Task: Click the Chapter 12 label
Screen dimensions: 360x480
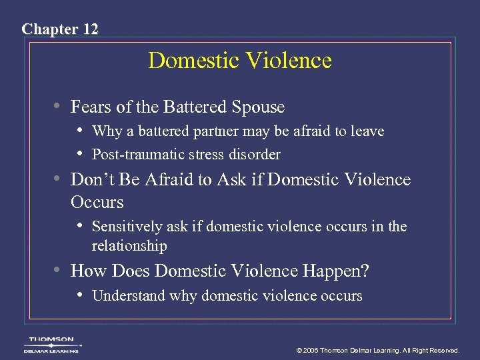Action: pyautogui.click(x=60, y=29)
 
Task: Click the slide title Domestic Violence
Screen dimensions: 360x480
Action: pyautogui.click(x=240, y=61)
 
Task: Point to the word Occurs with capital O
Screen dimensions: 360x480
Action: pyautogui.click(x=97, y=201)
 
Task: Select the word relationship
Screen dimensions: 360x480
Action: pyautogui.click(x=129, y=246)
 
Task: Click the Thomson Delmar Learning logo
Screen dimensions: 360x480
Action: pyautogui.click(x=51, y=344)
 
